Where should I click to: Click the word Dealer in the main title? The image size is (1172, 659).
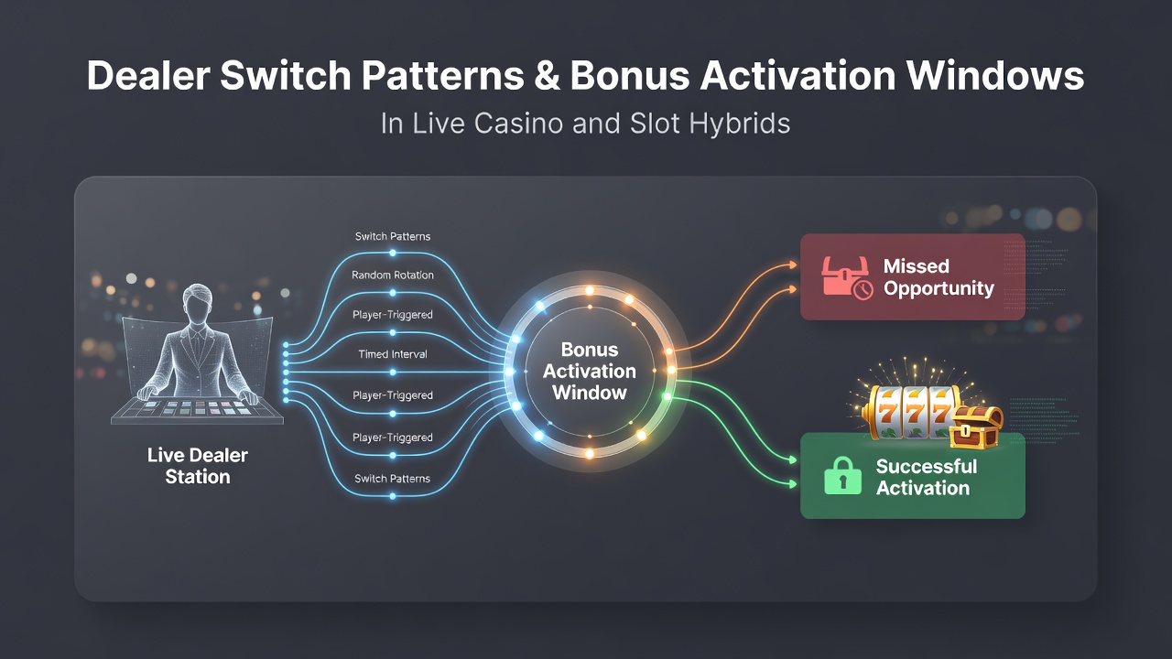tap(148, 76)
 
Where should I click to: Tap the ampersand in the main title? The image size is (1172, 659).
tap(547, 76)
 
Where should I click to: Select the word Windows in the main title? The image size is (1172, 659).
tap(994, 76)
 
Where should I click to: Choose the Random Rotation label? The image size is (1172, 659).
tap(393, 275)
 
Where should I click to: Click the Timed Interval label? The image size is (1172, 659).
tap(393, 354)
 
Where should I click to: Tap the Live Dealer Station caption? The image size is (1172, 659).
tap(198, 466)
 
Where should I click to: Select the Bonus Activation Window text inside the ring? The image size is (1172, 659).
tap(589, 371)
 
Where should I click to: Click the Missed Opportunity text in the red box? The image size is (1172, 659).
tap(939, 277)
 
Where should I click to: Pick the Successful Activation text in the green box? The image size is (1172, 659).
tap(926, 477)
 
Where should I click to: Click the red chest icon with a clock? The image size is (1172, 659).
tap(847, 277)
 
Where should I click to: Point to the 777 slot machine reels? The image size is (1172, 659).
tap(910, 412)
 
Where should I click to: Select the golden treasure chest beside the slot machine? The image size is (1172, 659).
tap(976, 427)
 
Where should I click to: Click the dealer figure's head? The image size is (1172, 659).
tap(197, 302)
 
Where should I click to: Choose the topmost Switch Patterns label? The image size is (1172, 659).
tap(393, 236)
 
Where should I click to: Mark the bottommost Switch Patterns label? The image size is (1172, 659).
tap(393, 479)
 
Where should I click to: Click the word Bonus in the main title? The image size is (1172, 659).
tap(629, 76)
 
